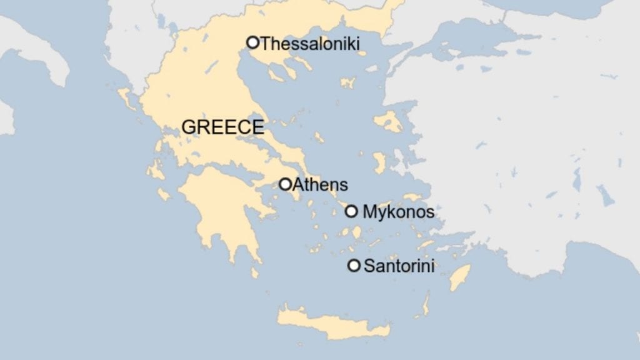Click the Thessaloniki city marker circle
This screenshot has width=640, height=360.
252,42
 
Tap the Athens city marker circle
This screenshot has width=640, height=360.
285,184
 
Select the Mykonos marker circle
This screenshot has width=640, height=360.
351,211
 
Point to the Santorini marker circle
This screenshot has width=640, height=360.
354,266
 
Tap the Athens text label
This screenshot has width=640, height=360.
320,184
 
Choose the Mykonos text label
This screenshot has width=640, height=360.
398,212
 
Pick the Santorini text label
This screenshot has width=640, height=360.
399,266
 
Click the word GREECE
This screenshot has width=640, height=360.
222,127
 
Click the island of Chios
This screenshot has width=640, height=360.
380,162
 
